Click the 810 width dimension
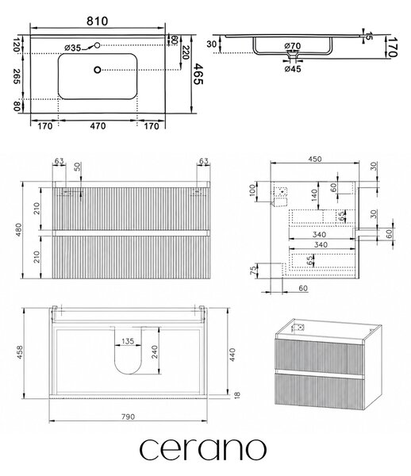(97, 21)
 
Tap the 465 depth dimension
(198, 74)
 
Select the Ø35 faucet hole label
(73, 48)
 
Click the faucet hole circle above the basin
(97, 45)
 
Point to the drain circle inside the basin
(97, 70)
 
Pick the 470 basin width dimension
(98, 125)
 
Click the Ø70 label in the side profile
(293, 46)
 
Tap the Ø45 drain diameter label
(293, 69)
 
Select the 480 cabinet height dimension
(18, 230)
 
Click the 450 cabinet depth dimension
(315, 159)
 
